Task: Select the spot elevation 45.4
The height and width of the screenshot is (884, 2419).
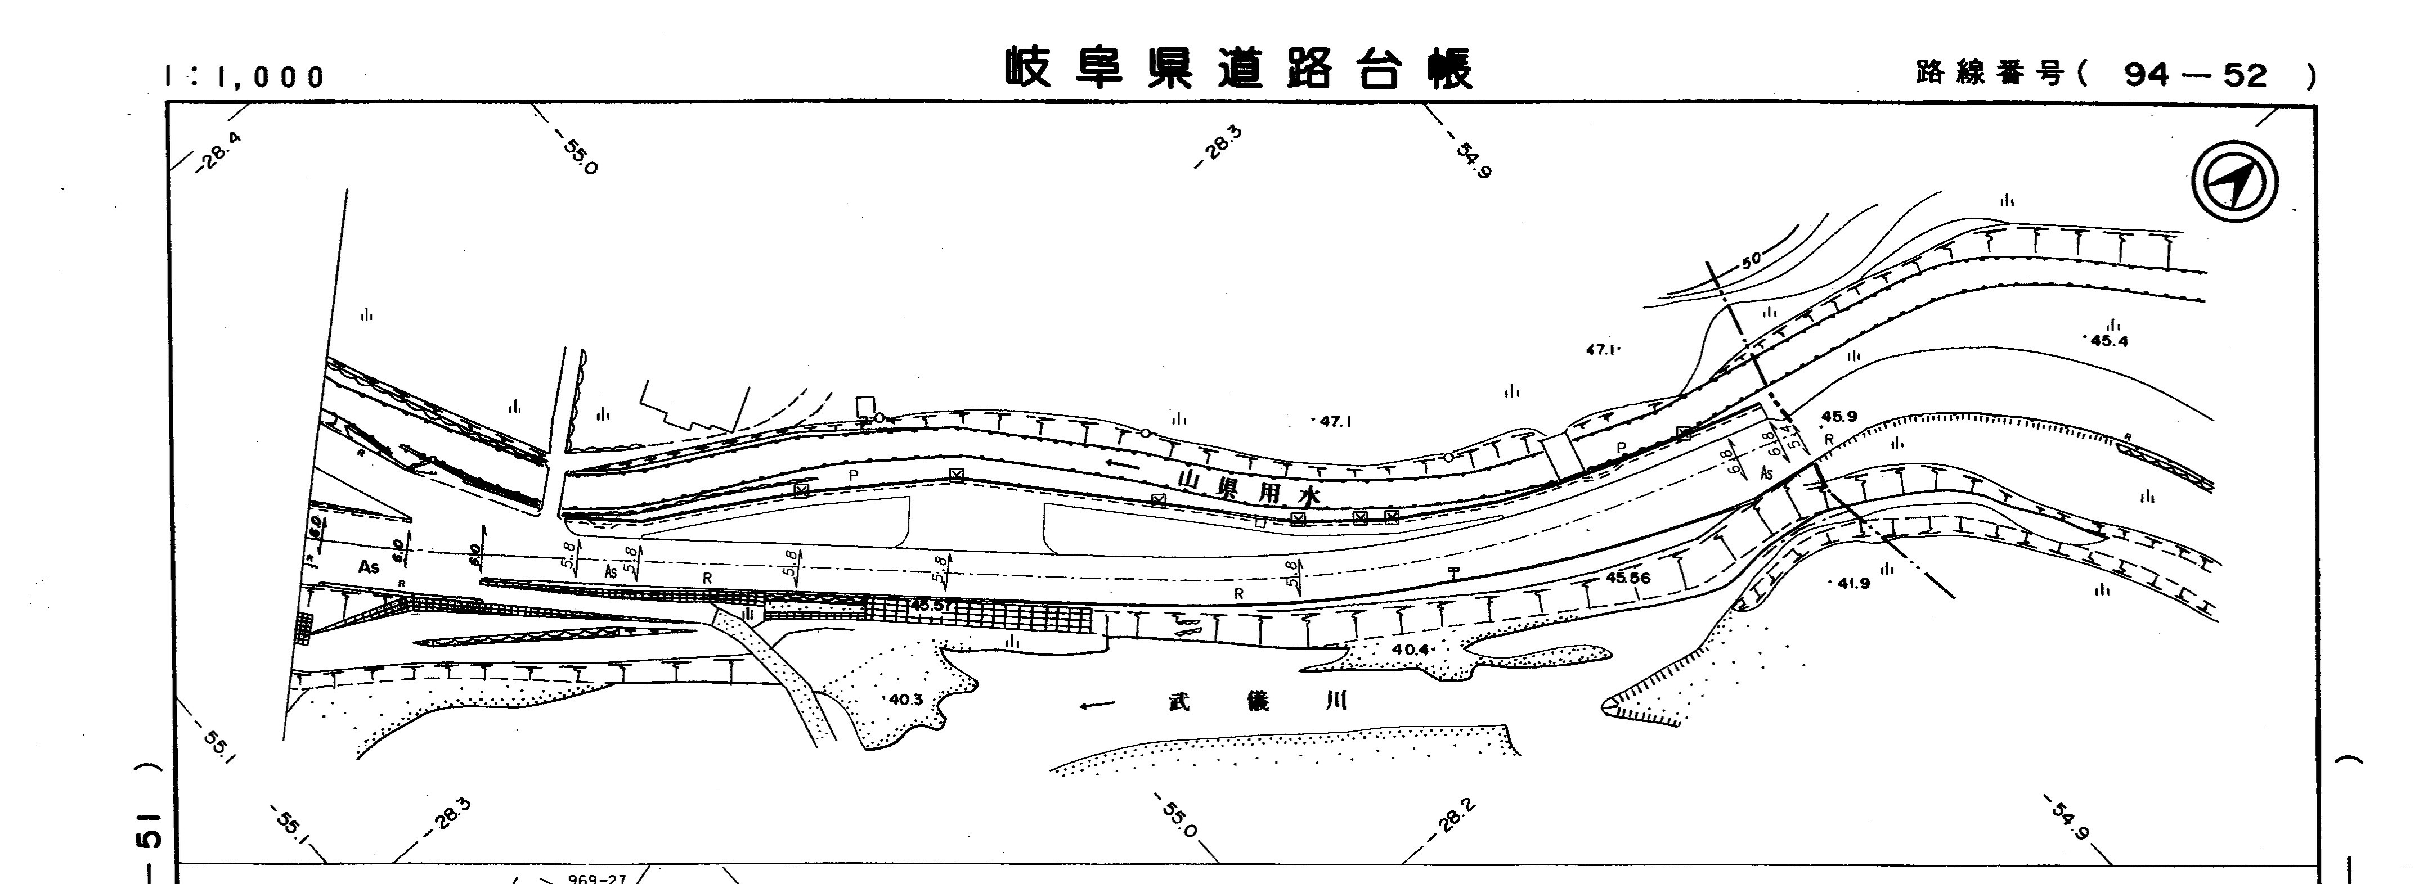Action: [x=2109, y=341]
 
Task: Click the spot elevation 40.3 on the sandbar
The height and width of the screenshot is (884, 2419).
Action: [x=905, y=699]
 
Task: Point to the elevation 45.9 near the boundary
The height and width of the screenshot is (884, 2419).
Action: [x=1839, y=417]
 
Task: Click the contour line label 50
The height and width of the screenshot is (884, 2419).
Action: [x=1751, y=260]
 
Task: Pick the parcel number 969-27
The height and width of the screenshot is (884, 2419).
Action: [x=597, y=878]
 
